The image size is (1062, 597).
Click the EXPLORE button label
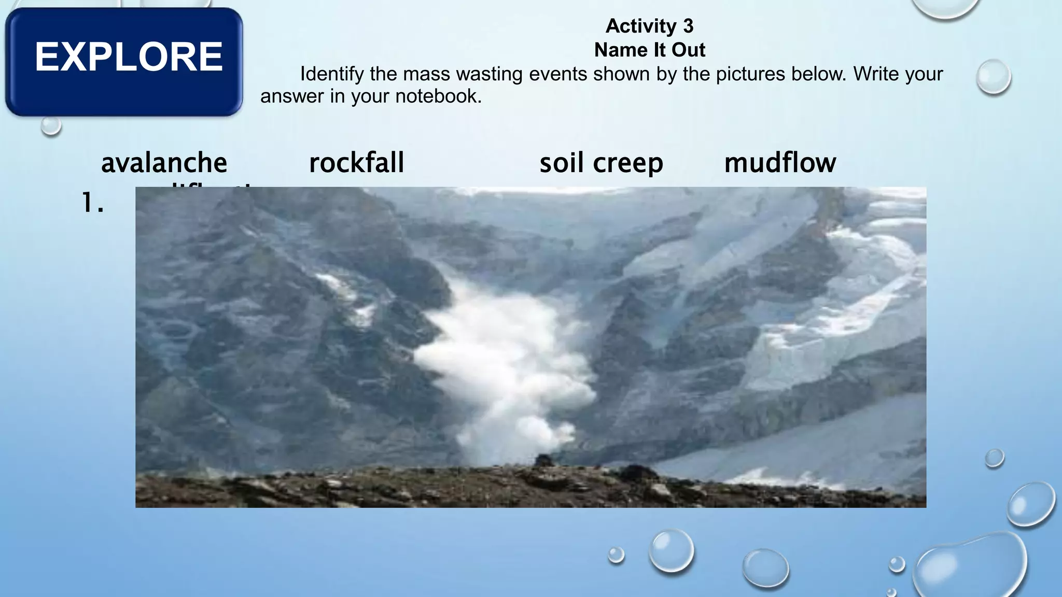128,57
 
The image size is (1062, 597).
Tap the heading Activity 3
649,26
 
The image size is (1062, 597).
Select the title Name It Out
649,50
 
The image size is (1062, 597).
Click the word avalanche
164,163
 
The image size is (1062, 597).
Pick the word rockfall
356,163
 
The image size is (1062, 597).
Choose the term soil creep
601,163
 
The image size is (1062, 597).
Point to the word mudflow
780,163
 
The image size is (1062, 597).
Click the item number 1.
93,203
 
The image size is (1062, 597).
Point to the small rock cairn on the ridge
543,460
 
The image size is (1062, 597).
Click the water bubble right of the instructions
993,77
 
